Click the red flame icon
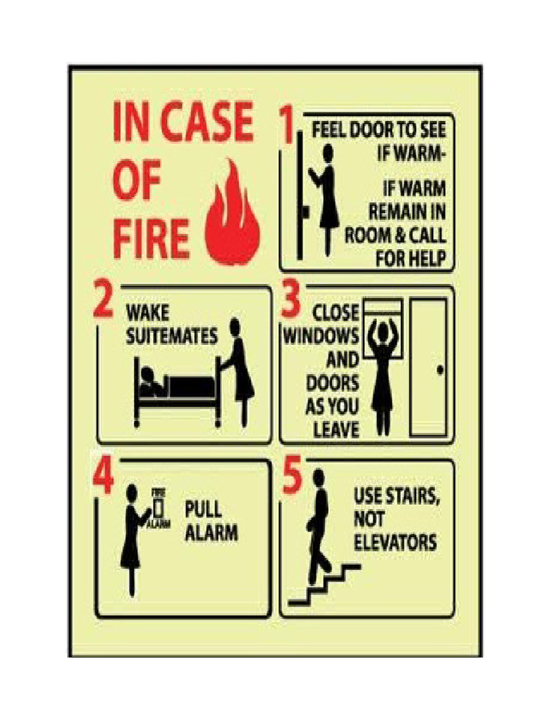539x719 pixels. pyautogui.click(x=234, y=214)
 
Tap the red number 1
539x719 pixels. pyautogui.click(x=286, y=126)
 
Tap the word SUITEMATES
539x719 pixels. pyautogui.click(x=172, y=336)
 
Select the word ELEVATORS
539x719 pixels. pyautogui.click(x=395, y=542)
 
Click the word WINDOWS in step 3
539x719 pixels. pyautogui.click(x=321, y=336)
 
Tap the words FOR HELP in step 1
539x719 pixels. pyautogui.click(x=411, y=258)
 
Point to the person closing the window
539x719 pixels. pyautogui.click(x=383, y=372)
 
